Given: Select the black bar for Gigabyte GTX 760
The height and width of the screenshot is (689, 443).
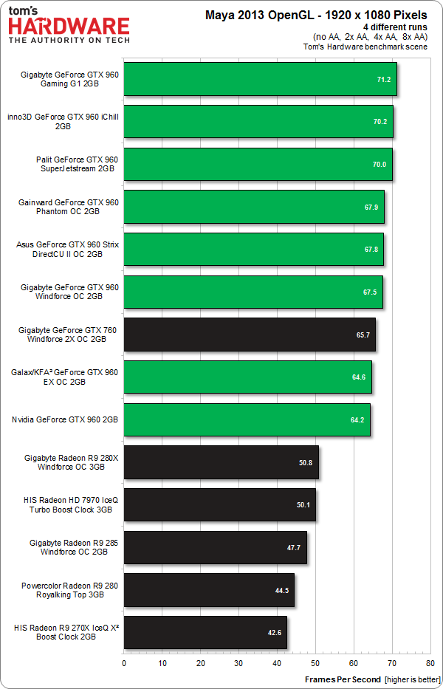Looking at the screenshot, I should [250, 335].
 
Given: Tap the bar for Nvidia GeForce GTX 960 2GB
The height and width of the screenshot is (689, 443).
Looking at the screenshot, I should [247, 419].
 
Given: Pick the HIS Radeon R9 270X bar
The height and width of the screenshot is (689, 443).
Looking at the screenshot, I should [205, 632].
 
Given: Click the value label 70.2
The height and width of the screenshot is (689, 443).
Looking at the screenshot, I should [380, 122].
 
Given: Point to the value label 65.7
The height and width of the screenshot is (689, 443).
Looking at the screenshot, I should [363, 335].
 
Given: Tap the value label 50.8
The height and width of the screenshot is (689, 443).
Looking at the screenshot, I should [305, 462].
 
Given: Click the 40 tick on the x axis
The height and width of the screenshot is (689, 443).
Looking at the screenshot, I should [277, 663].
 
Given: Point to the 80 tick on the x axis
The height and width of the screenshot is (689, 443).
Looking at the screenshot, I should [430, 663].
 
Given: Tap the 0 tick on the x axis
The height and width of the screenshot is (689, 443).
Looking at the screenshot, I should [124, 663].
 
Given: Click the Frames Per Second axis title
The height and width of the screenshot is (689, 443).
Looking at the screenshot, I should [343, 678].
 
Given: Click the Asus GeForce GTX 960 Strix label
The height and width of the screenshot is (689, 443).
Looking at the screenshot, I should [67, 249].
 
